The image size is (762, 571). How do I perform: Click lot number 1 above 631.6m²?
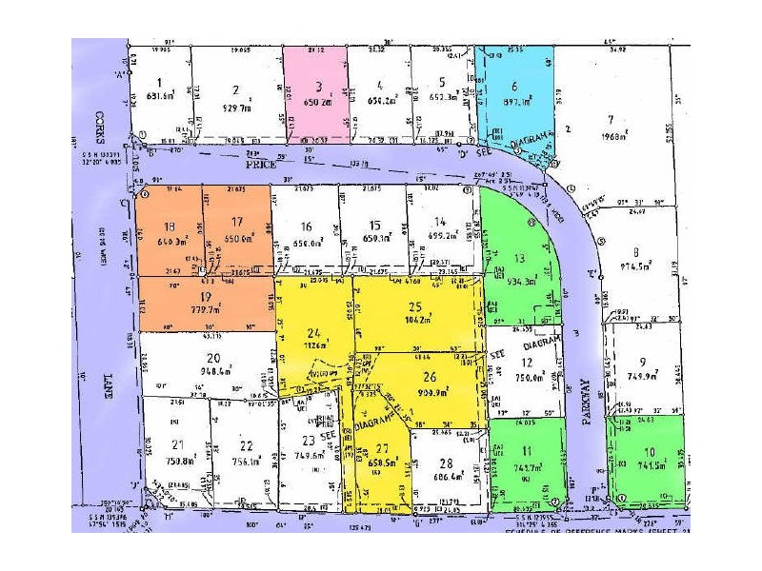160,82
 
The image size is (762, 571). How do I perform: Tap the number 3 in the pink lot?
318,85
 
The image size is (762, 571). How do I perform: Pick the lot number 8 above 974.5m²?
635,250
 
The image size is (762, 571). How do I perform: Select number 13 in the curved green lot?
519,258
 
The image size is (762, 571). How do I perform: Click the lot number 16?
305,226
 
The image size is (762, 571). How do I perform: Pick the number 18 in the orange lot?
170,226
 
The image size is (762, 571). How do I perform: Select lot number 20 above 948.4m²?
213,357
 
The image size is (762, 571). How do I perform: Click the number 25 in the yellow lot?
413,306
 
